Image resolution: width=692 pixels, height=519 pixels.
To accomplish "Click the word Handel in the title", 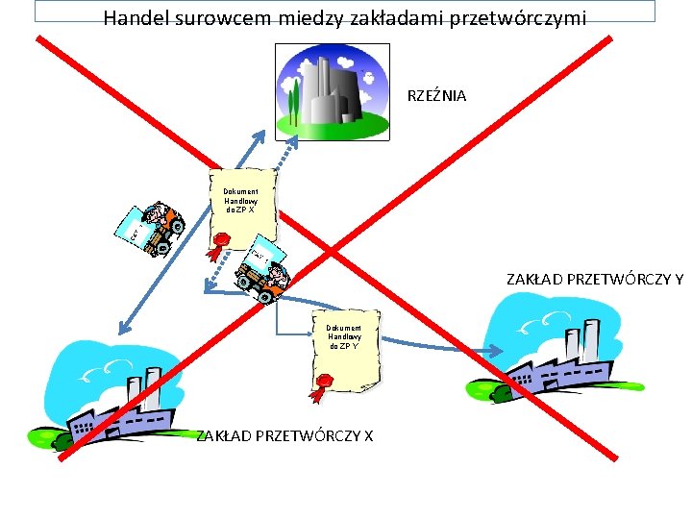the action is (135, 17).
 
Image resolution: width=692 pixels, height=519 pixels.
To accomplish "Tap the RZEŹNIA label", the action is (437, 95).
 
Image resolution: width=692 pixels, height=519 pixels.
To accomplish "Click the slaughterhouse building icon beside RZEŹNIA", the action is (332, 90).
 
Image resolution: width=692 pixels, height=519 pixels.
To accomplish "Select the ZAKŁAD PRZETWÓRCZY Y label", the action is (595, 280).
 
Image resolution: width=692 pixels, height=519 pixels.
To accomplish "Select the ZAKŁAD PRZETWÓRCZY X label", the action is (285, 435).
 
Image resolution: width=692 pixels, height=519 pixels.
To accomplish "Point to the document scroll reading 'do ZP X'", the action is (242, 204).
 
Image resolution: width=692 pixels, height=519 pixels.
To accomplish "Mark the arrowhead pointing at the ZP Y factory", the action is (492, 352).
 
